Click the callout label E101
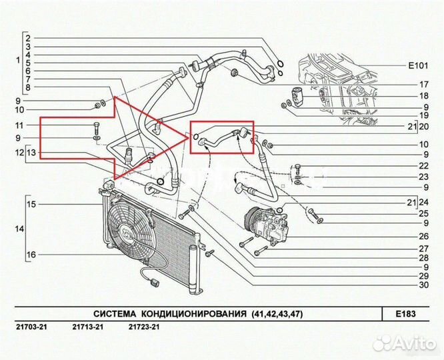418,66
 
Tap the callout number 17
424,85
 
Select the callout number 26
424,236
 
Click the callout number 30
424,285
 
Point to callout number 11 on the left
20,125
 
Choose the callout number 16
31,255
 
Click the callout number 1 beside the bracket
18,60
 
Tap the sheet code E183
405,314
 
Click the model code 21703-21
31,327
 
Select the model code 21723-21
144,327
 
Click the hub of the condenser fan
126,234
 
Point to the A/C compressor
266,225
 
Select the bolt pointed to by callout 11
97,129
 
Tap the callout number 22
424,166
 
